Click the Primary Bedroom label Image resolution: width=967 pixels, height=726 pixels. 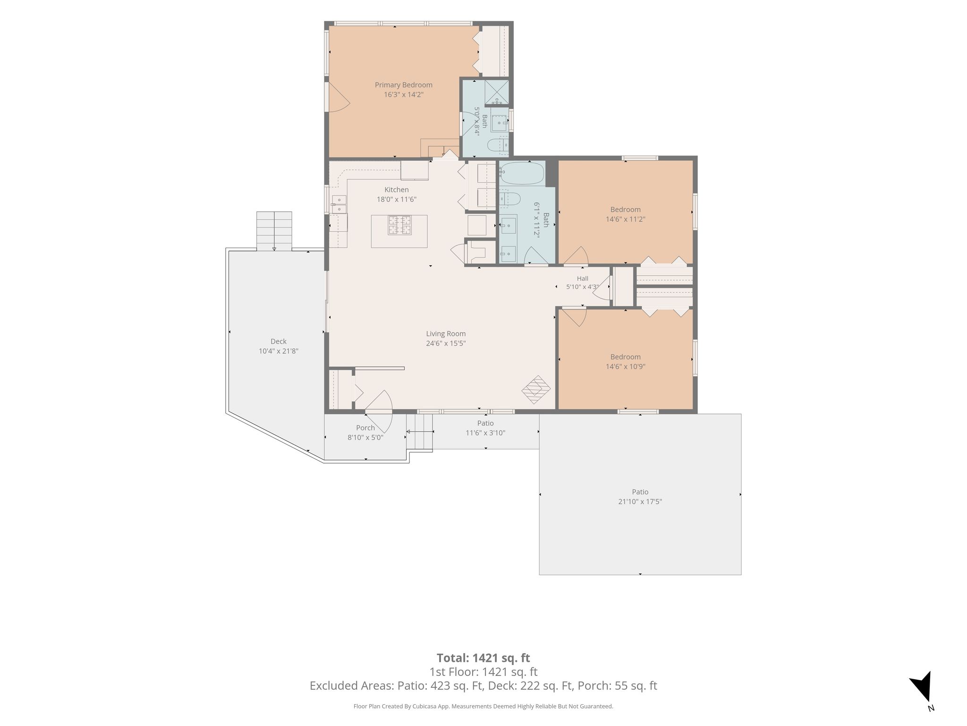[403, 85]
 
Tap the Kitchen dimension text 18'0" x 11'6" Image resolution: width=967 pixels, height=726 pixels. [396, 199]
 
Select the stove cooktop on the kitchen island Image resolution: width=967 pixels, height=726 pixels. [399, 225]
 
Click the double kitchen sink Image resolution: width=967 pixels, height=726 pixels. [339, 204]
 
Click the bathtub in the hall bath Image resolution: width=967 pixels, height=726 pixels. [522, 173]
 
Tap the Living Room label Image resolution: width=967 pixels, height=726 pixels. [446, 334]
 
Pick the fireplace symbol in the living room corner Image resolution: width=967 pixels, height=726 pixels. [536, 389]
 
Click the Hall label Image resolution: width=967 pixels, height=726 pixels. [583, 278]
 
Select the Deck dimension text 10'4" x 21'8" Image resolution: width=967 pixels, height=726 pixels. [279, 351]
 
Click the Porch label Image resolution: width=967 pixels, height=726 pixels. [365, 428]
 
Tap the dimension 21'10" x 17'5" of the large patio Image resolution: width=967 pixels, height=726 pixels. [640, 501]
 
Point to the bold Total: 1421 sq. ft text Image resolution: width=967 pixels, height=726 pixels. [483, 658]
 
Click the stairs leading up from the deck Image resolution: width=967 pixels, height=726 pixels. [274, 231]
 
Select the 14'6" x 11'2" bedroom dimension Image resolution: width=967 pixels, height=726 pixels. [626, 219]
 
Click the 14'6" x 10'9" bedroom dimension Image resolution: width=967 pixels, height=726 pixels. [626, 366]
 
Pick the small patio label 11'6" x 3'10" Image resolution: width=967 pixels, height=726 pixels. [485, 433]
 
